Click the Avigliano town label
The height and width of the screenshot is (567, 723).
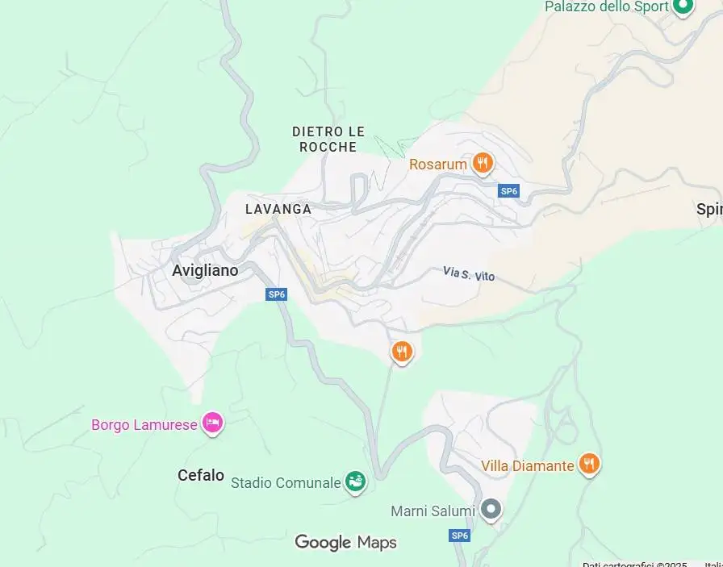point(205,271)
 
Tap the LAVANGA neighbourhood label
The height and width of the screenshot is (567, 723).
point(278,209)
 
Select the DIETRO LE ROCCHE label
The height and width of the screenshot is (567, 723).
point(328,139)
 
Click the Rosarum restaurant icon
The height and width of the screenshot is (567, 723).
point(483,163)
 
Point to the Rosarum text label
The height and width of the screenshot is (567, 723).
point(438,165)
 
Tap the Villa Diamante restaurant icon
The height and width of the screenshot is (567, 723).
point(589,464)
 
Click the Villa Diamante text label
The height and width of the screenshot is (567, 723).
point(528,465)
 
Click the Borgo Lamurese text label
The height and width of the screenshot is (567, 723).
point(144,424)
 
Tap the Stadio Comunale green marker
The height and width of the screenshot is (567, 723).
point(355,482)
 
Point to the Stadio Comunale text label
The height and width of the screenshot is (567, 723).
point(286,483)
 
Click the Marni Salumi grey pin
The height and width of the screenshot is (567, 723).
point(491,509)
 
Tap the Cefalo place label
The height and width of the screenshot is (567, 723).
point(201,475)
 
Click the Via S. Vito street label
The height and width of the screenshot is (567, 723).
point(469,274)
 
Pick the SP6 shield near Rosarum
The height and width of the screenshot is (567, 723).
point(508,191)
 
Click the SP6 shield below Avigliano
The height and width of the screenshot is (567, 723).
point(277,294)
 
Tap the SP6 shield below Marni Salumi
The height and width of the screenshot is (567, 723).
point(460,536)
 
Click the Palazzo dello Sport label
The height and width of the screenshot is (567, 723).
point(607,6)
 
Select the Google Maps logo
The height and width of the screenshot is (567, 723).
point(346,542)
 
